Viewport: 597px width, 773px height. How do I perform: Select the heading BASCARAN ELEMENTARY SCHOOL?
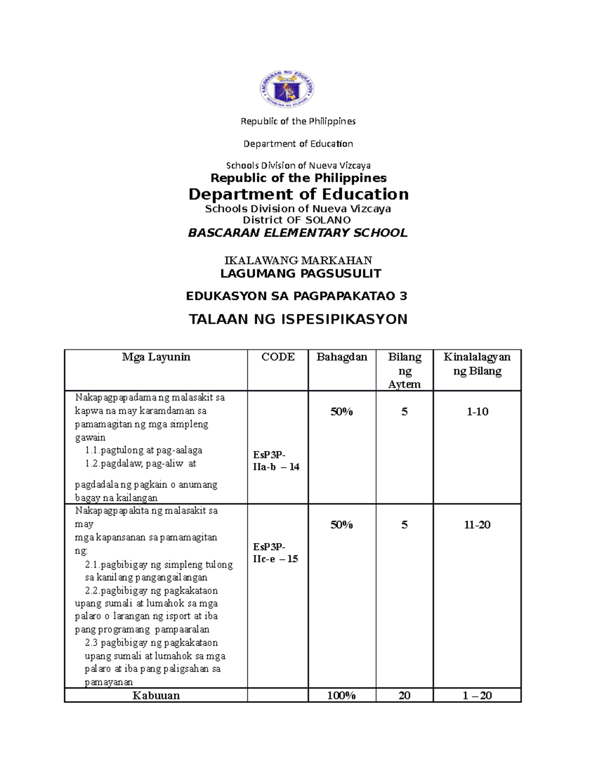[x=298, y=233]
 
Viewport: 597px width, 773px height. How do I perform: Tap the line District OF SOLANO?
[x=297, y=220]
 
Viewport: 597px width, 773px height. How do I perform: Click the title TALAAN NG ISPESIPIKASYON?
[x=298, y=319]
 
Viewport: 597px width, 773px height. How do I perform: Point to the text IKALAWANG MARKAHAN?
[x=298, y=260]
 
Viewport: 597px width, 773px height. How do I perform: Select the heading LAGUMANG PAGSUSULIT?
[x=300, y=273]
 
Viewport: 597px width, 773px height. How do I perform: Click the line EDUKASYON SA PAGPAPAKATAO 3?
[x=297, y=296]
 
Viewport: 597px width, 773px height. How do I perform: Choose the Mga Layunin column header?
[x=156, y=357]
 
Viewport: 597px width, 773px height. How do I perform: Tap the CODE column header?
[x=278, y=357]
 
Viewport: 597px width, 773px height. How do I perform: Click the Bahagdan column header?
[x=342, y=357]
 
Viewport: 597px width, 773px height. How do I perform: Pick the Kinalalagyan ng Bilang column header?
[x=477, y=364]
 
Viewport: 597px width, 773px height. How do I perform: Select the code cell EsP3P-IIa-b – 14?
[x=276, y=460]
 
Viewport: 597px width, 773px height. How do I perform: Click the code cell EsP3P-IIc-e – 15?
[x=275, y=552]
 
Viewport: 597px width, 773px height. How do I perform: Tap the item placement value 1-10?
[x=477, y=412]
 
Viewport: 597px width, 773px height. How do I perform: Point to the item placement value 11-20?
[x=477, y=525]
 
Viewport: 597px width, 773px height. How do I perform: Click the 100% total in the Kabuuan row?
[x=341, y=695]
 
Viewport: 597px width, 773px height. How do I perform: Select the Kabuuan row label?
[x=156, y=695]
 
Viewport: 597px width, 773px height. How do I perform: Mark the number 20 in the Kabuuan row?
[x=404, y=695]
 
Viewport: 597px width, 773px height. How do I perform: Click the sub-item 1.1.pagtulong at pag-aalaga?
[x=144, y=450]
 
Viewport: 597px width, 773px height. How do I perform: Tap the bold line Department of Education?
[x=298, y=194]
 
